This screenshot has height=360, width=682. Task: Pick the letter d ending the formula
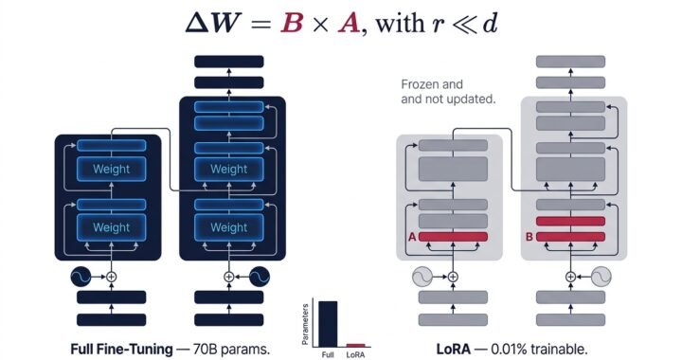[x=487, y=23]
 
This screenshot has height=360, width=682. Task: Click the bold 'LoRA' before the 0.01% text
[x=454, y=348]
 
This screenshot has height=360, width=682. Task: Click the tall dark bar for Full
[x=326, y=324]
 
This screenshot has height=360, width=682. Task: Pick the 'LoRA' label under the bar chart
[x=355, y=355]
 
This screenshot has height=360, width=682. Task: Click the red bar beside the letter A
[x=453, y=236]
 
